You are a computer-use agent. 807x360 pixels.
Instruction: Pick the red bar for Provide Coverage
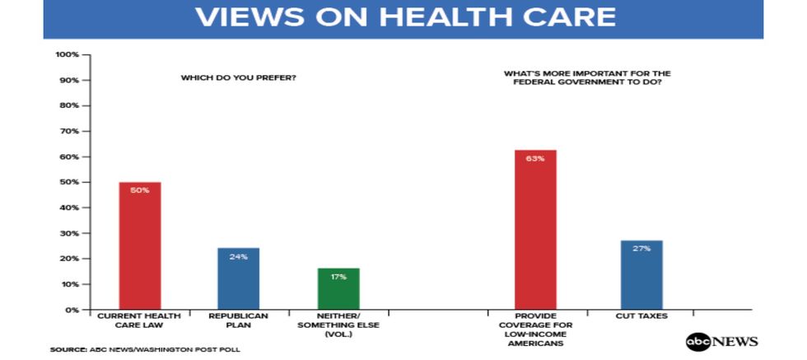tap(535, 230)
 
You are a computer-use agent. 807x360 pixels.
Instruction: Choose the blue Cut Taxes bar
tap(641, 275)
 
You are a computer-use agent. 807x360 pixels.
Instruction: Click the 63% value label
tap(535, 158)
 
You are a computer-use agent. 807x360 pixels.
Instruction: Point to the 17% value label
tap(338, 276)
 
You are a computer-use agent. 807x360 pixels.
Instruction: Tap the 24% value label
tap(239, 255)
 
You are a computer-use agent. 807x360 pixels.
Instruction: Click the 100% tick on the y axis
tap(67, 54)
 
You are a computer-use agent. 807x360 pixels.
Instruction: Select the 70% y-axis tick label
tap(69, 131)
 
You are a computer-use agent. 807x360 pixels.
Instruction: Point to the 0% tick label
tap(72, 310)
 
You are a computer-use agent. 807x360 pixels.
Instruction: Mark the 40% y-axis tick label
tap(69, 208)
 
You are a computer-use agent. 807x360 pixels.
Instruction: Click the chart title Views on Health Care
tap(403, 17)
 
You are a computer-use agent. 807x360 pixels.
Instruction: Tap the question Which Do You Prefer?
tap(239, 78)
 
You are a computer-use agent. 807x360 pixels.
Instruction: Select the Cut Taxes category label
tap(641, 316)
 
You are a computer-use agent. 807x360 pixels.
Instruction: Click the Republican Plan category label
tap(239, 320)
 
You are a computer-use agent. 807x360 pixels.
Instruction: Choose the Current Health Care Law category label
tap(140, 320)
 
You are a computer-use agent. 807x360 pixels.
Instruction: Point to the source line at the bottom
tap(145, 349)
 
